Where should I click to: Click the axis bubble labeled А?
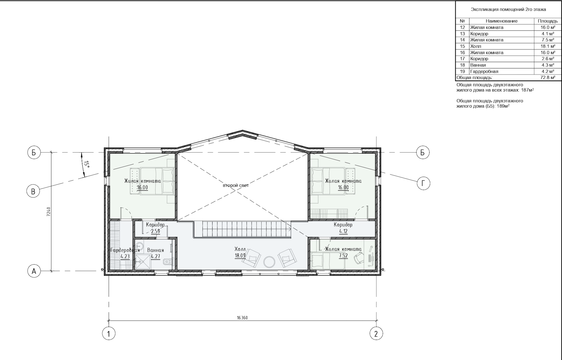coord(34,271)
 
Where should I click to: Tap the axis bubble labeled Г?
coord(424,184)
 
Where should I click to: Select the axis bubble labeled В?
coord(33,191)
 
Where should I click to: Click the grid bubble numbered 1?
coord(109,334)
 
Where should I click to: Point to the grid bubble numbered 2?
coord(376,334)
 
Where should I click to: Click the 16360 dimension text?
coord(242,318)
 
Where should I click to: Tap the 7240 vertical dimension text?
coord(49,212)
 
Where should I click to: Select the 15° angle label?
coord(86,164)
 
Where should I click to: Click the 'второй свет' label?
coord(236,185)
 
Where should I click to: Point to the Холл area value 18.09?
coord(240,255)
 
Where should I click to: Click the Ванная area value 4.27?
coord(155,256)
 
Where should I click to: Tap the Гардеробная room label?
coord(125,250)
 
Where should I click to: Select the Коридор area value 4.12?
coord(343,231)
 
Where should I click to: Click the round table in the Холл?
coord(269,262)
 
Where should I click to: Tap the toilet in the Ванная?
coord(168,262)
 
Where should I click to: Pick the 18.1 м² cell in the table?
coord(548,46)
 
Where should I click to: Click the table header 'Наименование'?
coord(502,21)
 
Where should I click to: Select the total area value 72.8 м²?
coord(548,77)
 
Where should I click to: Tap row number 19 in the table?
coord(463,71)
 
